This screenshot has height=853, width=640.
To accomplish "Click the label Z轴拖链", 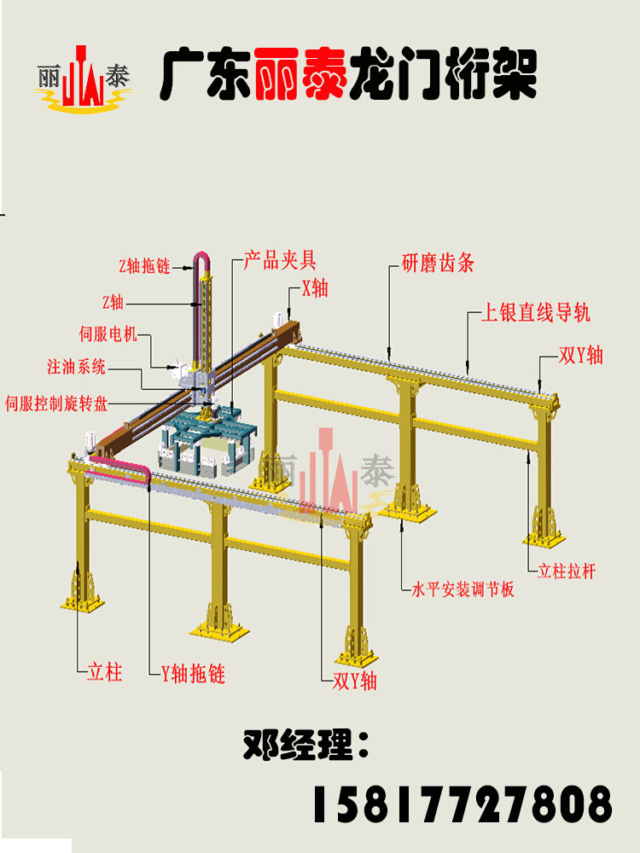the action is (145, 267).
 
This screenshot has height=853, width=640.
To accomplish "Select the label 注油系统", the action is (77, 368).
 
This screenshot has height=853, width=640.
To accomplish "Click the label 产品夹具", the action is (280, 260).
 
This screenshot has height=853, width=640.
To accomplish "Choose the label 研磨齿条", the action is (438, 264).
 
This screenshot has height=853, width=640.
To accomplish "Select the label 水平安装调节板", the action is (463, 589).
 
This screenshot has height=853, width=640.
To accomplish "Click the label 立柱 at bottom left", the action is (105, 672).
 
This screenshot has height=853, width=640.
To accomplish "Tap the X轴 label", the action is (314, 288).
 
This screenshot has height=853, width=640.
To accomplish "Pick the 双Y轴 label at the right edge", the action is (581, 355).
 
